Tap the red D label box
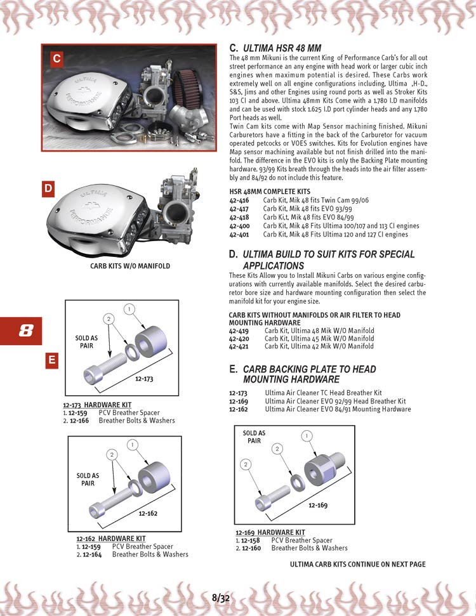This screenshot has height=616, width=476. coord(48,188)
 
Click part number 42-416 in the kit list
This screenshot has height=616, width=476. coord(239,200)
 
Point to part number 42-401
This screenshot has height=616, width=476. coord(239,234)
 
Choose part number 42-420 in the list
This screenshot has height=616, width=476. coord(239,339)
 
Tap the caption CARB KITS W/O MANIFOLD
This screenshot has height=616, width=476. coord(130,266)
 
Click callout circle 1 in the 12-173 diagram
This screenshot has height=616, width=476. coord(128,309)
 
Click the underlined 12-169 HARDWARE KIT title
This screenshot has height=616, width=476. coord(270,532)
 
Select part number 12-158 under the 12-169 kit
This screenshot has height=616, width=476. coord(251,541)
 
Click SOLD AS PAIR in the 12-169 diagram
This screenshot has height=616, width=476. coord(254,437)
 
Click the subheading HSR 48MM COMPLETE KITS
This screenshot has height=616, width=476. coord(269,191)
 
